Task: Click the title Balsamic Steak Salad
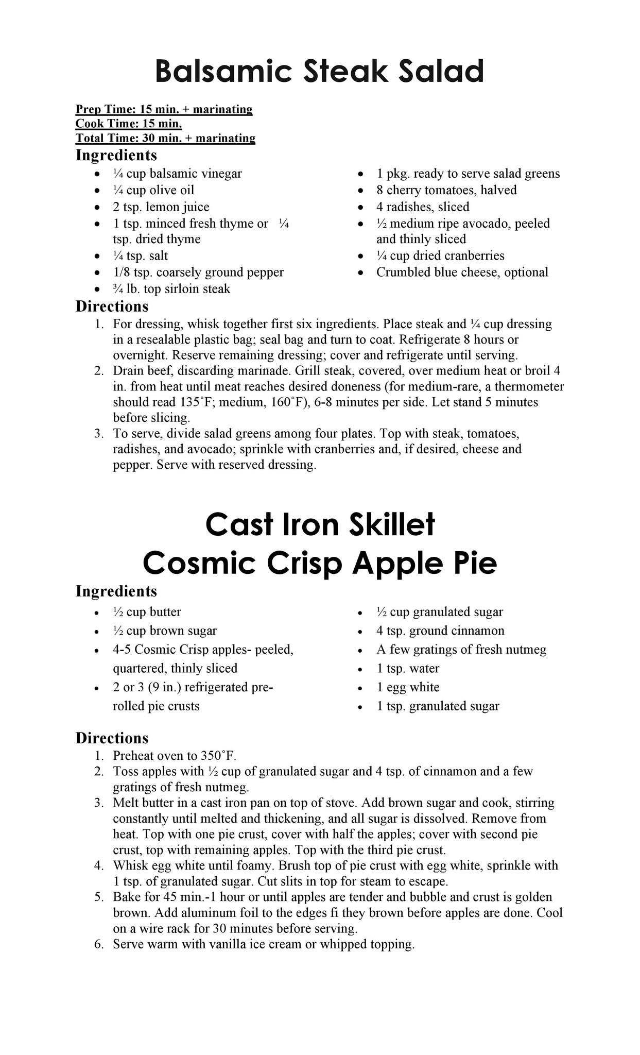(319, 71)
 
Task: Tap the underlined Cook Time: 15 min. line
(129, 124)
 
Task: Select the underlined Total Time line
(165, 138)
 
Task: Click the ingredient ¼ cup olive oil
(153, 190)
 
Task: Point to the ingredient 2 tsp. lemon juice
(161, 207)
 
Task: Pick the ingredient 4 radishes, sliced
(423, 207)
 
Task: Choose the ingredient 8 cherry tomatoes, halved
(446, 190)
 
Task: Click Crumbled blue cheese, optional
(462, 272)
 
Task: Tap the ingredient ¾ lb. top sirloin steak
(171, 289)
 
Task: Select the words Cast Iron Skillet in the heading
(320, 525)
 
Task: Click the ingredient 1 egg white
(408, 687)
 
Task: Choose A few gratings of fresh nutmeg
(461, 650)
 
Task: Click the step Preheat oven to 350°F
(175, 756)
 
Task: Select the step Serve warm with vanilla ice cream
(264, 944)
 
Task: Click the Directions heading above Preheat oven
(112, 738)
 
